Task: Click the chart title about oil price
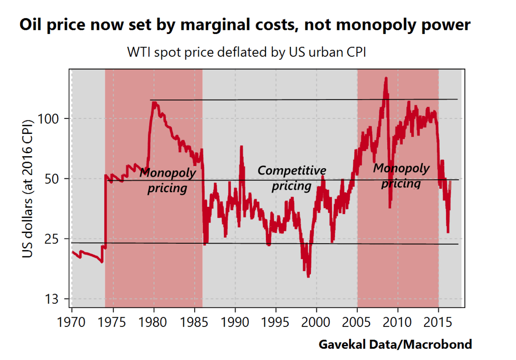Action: (x=245, y=25)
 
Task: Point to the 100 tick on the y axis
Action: (x=49, y=119)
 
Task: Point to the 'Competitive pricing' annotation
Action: (x=292, y=178)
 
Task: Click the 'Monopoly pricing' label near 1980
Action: (x=167, y=180)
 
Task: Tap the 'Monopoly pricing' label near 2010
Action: (x=401, y=176)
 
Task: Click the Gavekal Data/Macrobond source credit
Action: (x=395, y=345)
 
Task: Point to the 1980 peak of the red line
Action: (x=154, y=102)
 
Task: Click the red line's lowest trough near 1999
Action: (x=308, y=276)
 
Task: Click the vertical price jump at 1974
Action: (x=105, y=210)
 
